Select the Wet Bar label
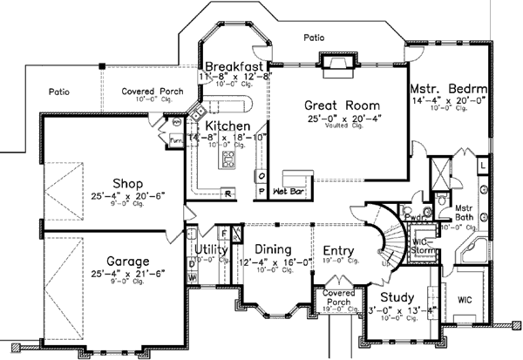[x=289, y=189]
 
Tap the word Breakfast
[x=234, y=66]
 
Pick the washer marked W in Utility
[x=191, y=278]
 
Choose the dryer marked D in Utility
[x=191, y=262]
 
